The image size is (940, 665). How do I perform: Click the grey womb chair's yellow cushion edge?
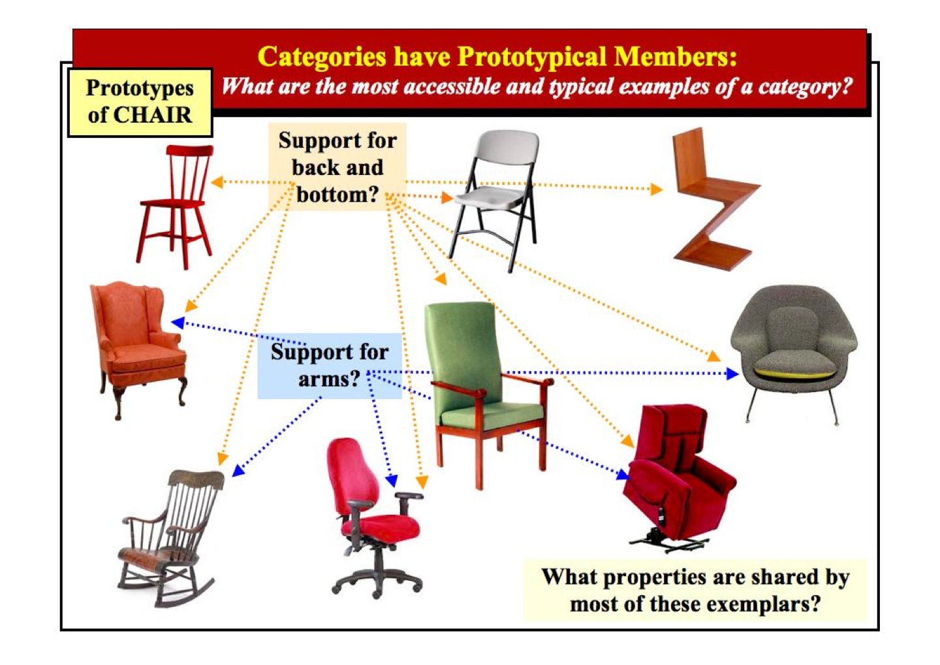[794, 373]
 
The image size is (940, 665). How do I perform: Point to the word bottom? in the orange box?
[338, 195]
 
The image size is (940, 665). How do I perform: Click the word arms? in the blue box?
[330, 379]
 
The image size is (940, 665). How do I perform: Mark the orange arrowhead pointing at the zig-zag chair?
[656, 189]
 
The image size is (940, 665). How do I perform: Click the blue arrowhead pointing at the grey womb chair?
[732, 373]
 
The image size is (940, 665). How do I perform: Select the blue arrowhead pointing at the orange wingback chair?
[178, 323]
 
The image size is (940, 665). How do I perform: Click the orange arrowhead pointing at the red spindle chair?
[217, 182]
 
